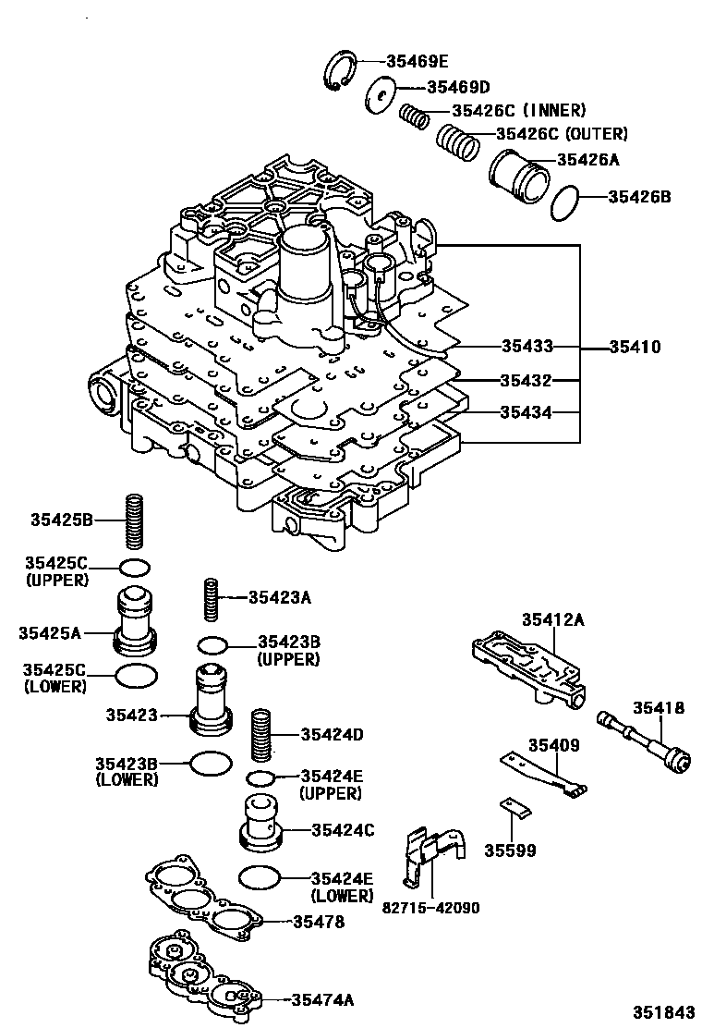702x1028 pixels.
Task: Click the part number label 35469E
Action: pos(417,62)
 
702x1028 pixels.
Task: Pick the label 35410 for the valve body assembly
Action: pos(635,348)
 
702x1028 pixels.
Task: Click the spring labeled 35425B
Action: pos(136,520)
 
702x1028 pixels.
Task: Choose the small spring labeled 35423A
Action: pos(212,600)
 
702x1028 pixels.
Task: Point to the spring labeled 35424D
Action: pos(262,735)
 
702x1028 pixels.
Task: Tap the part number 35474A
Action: pos(322,999)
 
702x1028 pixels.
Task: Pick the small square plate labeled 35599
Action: pos(516,809)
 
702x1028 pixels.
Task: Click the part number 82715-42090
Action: pos(430,908)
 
